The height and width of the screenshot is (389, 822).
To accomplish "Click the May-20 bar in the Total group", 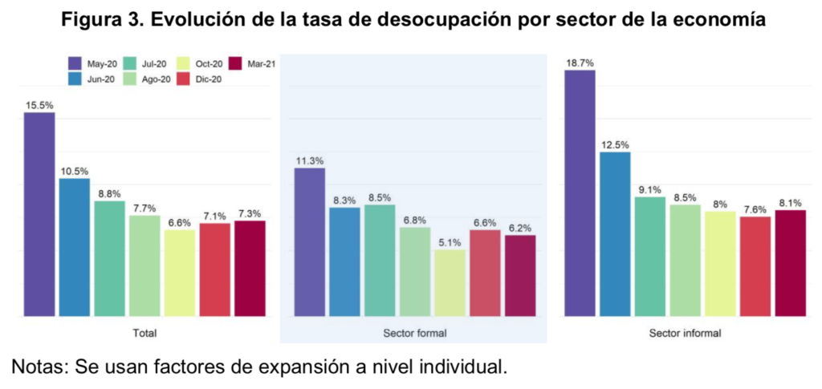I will click(x=39, y=214).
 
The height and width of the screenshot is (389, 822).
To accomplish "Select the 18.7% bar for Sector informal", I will click(x=580, y=193).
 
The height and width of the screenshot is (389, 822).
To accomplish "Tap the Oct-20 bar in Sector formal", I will click(x=450, y=283).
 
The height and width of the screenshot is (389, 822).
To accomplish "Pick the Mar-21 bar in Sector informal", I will click(x=790, y=263).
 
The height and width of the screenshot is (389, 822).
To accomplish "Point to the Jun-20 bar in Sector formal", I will click(x=345, y=261).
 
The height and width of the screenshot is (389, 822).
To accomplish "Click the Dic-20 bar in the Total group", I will click(x=215, y=269).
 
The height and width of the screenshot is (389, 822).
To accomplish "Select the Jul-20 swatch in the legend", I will click(x=130, y=63).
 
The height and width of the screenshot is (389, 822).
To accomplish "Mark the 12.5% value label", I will click(x=615, y=145).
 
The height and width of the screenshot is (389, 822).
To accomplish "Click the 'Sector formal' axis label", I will click(x=415, y=332).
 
